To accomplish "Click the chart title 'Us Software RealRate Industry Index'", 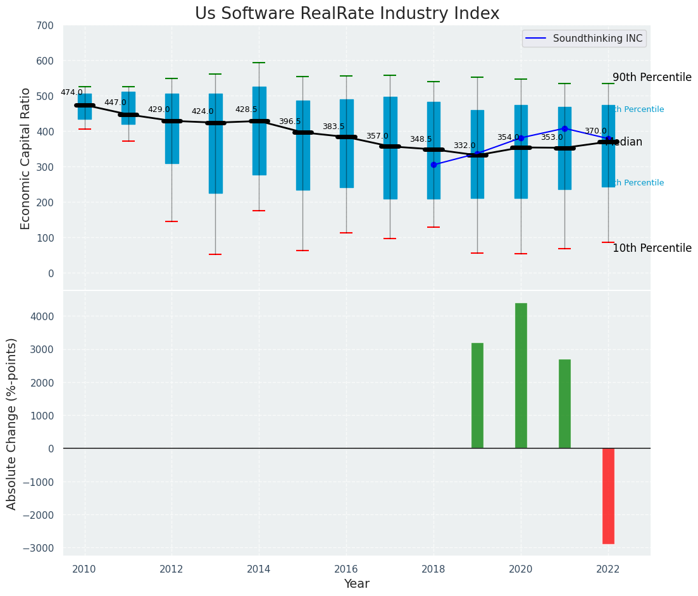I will coord(347,14).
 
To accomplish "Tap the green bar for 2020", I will coord(521,376).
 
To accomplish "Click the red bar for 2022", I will coord(608,495).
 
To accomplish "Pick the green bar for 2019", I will coord(477,395).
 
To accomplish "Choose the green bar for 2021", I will coord(564,404).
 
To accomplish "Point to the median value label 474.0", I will coord(72,92).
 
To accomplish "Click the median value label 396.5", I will coord(290,121).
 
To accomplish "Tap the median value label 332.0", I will coord(464,146).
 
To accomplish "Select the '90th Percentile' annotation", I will coord(652,77).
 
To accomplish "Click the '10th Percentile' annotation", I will coord(652,248).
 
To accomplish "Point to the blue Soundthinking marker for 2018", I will coord(433,165).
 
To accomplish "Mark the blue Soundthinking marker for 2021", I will coord(564,128).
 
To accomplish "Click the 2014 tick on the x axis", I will coord(259,569).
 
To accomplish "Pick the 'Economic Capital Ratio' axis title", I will coord(26,158).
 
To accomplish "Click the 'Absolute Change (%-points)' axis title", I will coord(12,423).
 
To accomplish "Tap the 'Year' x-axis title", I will coord(357,584).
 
